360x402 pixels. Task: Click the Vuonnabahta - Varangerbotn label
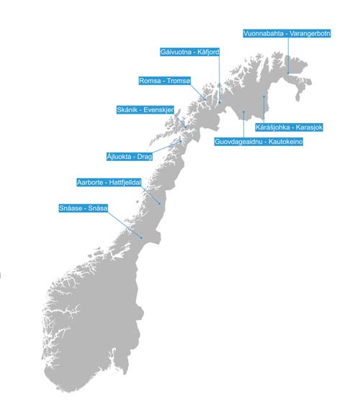(x=286, y=32)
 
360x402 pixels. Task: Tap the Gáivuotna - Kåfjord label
(x=190, y=52)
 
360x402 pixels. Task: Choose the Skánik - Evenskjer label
(x=147, y=110)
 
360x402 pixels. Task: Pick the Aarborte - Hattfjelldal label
(x=109, y=183)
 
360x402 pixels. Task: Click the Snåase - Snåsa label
(x=83, y=209)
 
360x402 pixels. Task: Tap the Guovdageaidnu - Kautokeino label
(x=258, y=142)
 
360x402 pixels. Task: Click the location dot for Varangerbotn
(x=287, y=72)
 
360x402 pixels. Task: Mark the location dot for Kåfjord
(x=219, y=102)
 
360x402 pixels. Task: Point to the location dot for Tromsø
(x=205, y=99)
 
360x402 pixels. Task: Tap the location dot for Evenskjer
(x=184, y=127)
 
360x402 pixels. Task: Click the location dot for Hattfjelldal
(x=158, y=204)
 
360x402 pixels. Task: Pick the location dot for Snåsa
(x=142, y=237)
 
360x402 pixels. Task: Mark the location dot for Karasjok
(x=264, y=96)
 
